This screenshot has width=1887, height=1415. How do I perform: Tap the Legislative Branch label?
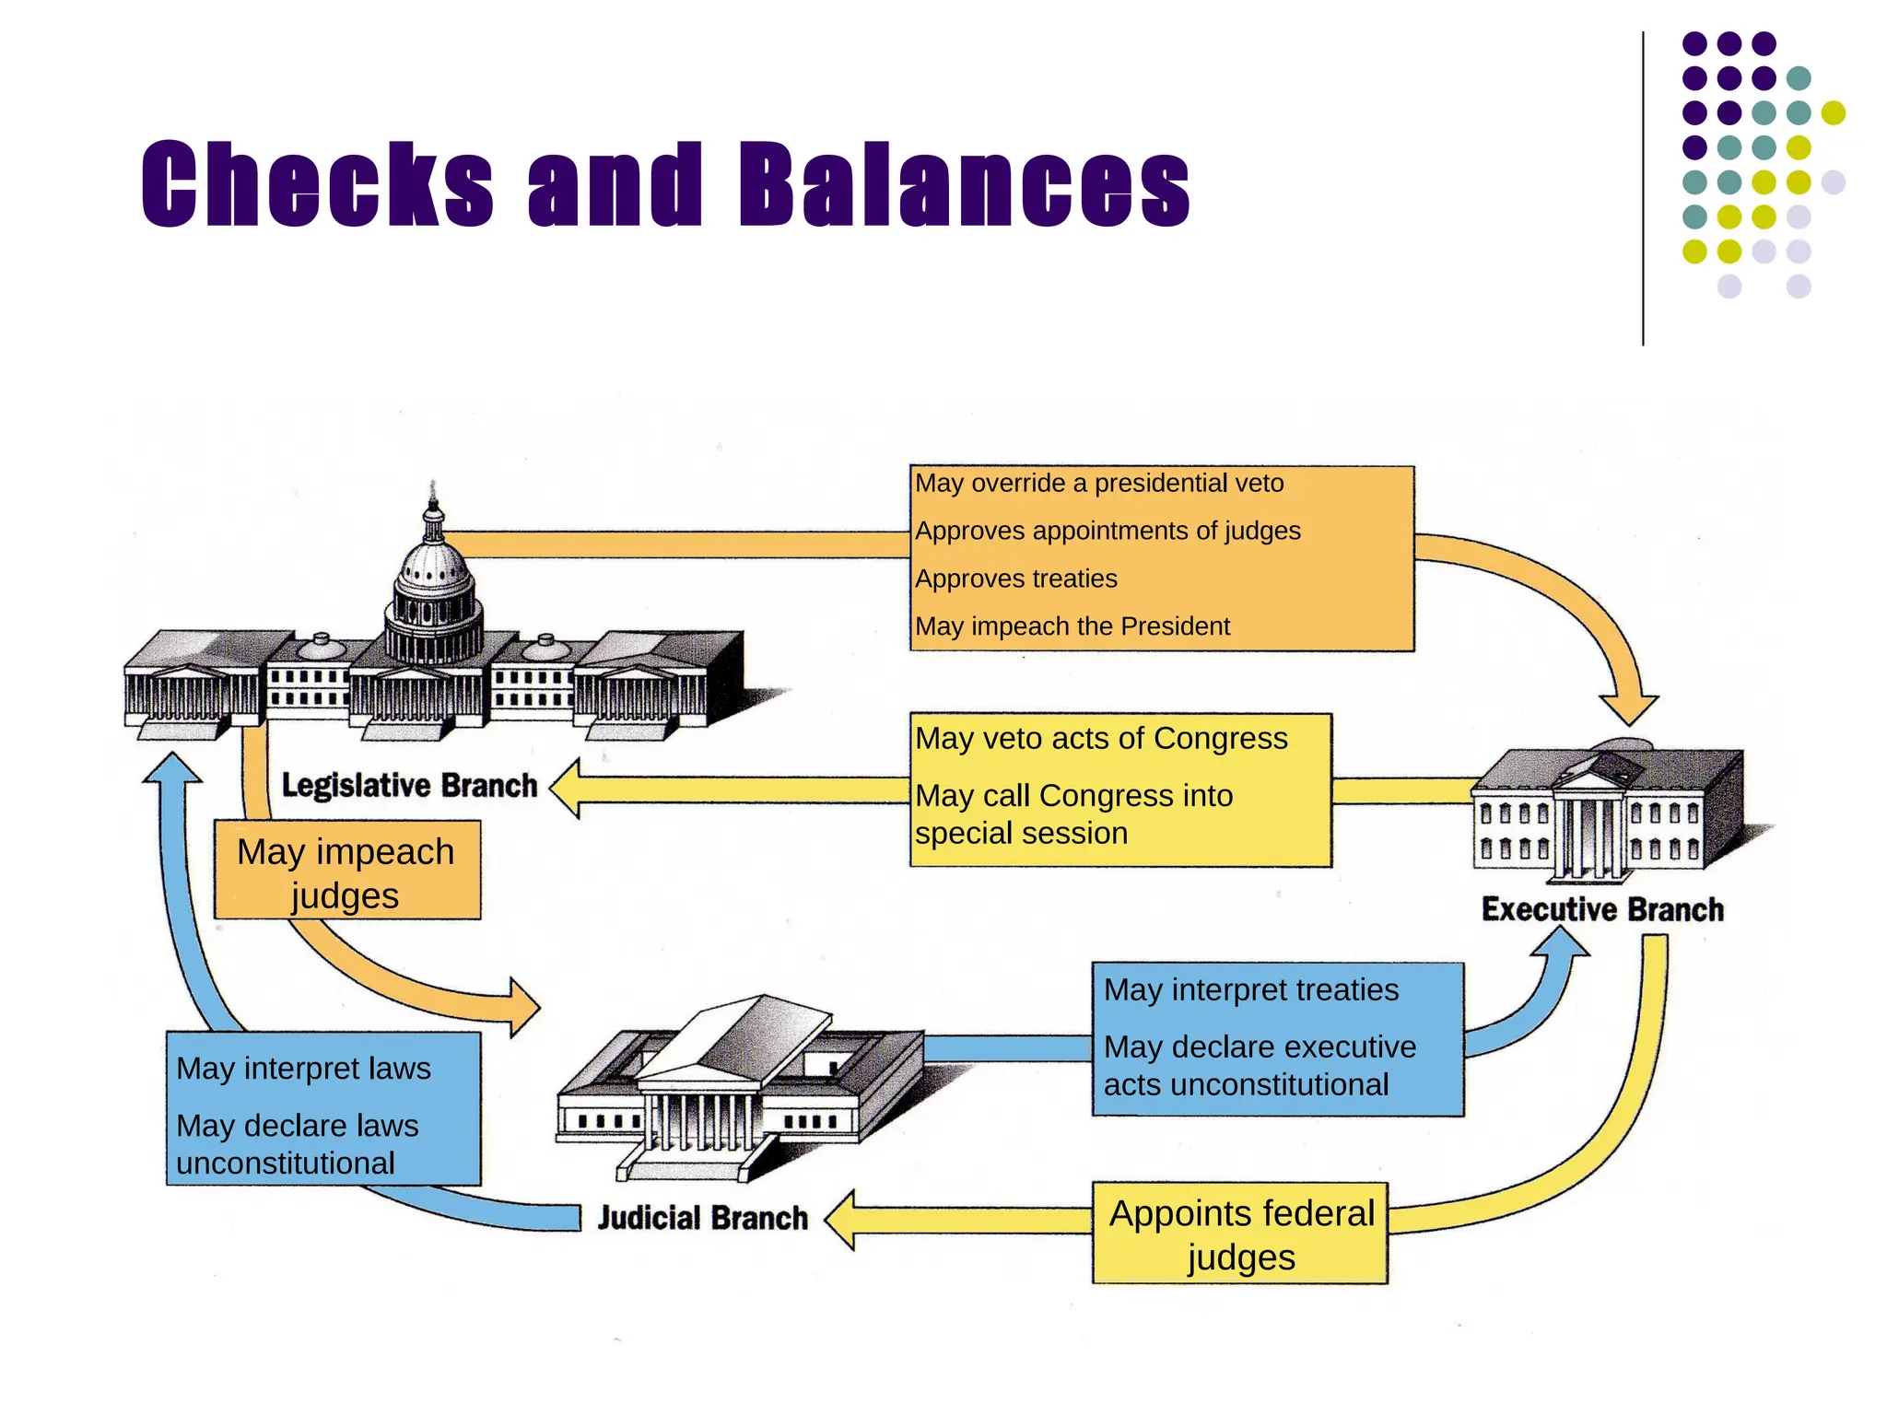click(409, 786)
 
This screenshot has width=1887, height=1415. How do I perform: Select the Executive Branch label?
click(1602, 909)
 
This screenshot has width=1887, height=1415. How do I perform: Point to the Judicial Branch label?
click(702, 1218)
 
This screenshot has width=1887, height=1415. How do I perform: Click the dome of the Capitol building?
click(434, 576)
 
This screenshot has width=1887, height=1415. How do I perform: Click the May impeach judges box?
click(346, 871)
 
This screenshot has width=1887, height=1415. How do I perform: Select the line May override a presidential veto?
click(1098, 484)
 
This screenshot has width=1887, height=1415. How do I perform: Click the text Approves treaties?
click(1015, 579)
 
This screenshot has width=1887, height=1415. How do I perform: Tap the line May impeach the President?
click(1072, 626)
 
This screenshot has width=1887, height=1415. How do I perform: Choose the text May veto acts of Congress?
click(1101, 739)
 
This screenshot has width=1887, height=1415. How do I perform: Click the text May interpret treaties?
click(1251, 990)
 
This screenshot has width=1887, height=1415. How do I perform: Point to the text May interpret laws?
click(303, 1069)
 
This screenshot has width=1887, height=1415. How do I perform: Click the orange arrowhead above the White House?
click(1628, 710)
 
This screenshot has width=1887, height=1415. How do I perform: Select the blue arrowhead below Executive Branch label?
click(1560, 944)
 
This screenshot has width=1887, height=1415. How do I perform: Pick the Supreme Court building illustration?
click(737, 1087)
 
